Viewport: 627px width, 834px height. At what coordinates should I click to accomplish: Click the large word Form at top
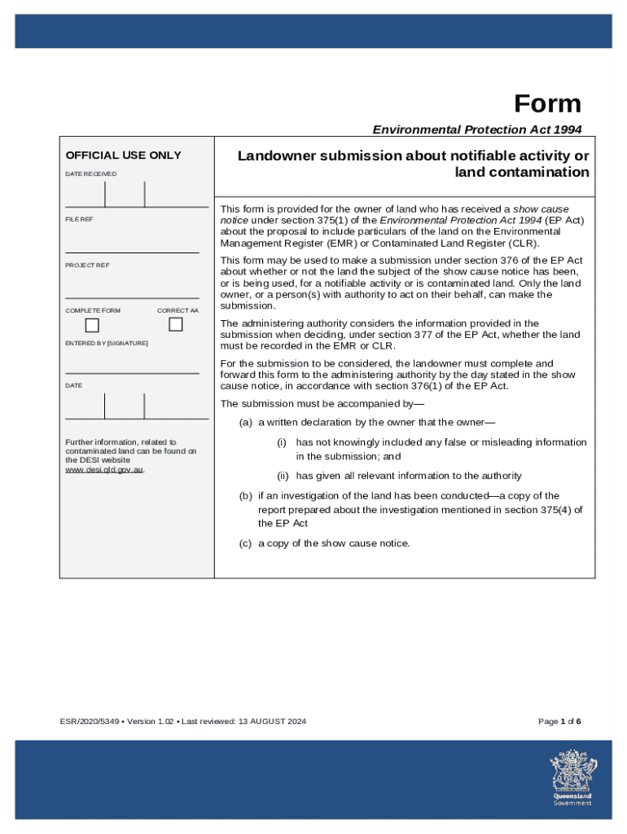(x=547, y=104)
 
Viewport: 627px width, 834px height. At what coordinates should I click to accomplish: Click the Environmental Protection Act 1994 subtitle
(x=477, y=129)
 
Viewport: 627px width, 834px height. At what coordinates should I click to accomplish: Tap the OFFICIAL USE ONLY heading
(x=123, y=156)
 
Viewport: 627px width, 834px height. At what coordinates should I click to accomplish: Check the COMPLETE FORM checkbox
(x=92, y=325)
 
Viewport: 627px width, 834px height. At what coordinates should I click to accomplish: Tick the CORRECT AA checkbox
(x=176, y=324)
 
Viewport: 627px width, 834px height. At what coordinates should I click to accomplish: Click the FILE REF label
(x=80, y=220)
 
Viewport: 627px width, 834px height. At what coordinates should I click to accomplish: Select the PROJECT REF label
(x=87, y=266)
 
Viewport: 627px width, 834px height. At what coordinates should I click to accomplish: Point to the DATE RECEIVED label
(x=90, y=174)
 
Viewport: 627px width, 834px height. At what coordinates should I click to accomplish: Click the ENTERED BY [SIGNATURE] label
(x=107, y=344)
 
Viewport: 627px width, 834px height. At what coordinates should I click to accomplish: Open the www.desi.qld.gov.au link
(x=104, y=470)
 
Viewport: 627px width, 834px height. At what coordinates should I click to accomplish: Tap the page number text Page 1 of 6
(x=559, y=722)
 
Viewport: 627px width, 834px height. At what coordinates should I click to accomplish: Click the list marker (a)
(x=245, y=423)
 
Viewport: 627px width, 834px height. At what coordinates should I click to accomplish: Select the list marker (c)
(x=245, y=543)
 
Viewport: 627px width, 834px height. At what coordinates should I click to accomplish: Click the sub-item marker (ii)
(x=283, y=476)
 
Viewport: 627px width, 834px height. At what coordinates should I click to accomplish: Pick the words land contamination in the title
(x=522, y=172)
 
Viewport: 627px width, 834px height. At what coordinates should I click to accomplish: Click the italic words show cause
(x=541, y=209)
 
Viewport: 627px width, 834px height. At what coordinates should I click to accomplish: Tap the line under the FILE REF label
(x=132, y=252)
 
